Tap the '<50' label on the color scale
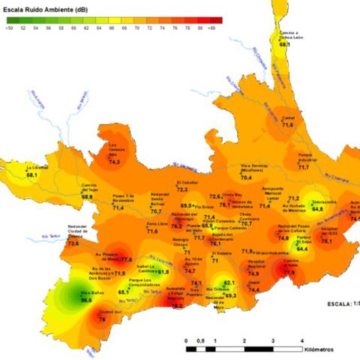(9, 27)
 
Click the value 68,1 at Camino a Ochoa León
(285, 45)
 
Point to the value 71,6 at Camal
(287, 124)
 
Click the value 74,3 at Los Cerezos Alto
(115, 160)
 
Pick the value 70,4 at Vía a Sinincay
(246, 178)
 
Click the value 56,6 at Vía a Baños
(86, 300)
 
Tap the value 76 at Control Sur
(102, 319)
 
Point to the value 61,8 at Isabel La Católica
(163, 271)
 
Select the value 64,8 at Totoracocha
(319, 208)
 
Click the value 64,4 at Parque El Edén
(303, 248)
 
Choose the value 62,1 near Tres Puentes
(229, 282)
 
